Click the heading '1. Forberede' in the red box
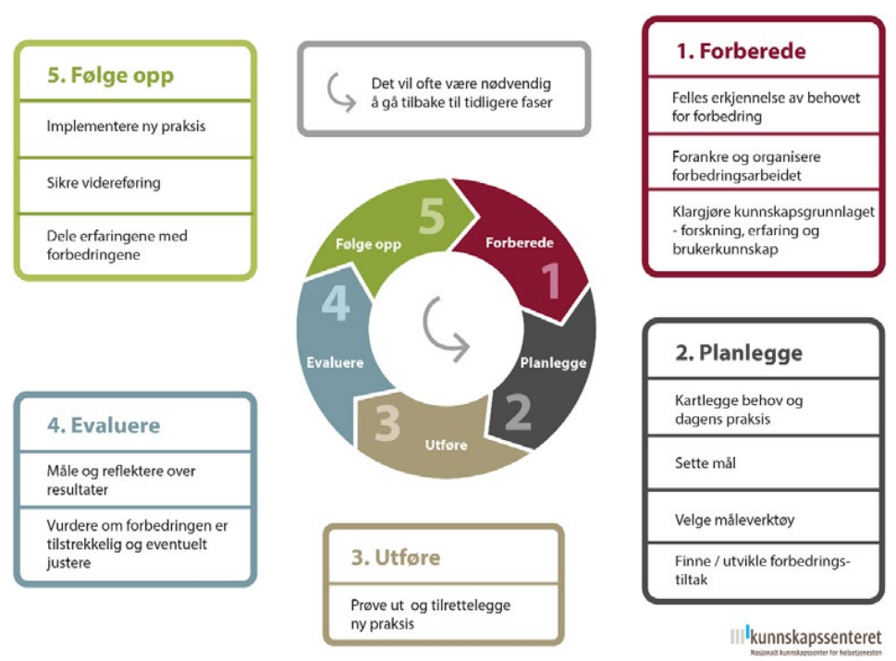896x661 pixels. pyautogui.click(x=742, y=52)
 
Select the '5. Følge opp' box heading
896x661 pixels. pyautogui.click(x=110, y=76)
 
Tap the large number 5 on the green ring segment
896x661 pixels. pyautogui.click(x=432, y=216)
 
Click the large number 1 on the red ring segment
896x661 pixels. pyautogui.click(x=551, y=280)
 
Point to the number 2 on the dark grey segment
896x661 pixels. pyautogui.click(x=519, y=411)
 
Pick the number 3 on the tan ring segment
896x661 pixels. pyautogui.click(x=387, y=423)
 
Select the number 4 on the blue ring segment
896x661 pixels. pyautogui.click(x=336, y=302)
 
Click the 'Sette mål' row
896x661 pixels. pyautogui.click(x=763, y=463)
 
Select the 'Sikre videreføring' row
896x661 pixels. pyautogui.click(x=135, y=186)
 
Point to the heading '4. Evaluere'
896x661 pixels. pyautogui.click(x=104, y=425)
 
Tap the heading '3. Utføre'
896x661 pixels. pyautogui.click(x=396, y=557)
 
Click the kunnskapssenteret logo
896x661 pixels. pyautogui.click(x=806, y=640)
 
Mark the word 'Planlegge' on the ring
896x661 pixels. pyautogui.click(x=553, y=362)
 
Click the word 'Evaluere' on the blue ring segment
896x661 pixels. pyautogui.click(x=335, y=362)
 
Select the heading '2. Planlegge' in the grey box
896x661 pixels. pyautogui.click(x=739, y=353)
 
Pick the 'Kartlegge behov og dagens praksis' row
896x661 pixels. pyautogui.click(x=763, y=408)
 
